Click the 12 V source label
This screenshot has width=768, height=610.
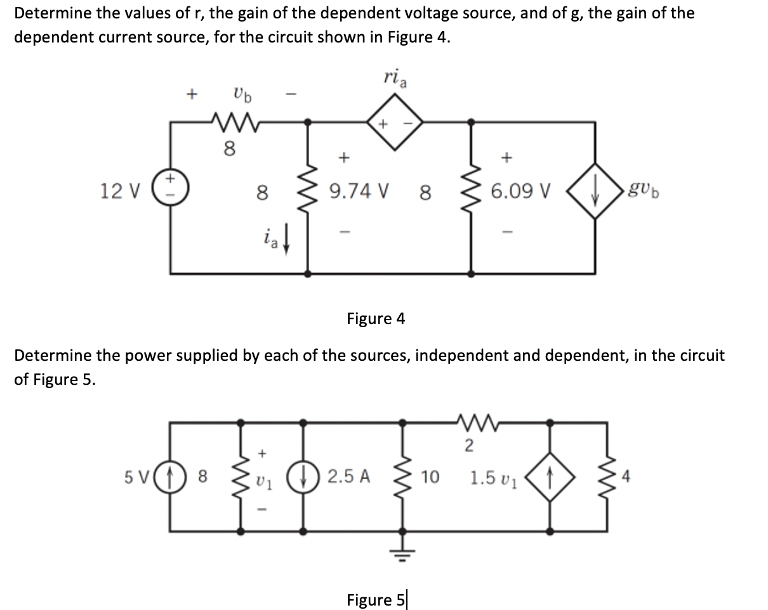[114, 190]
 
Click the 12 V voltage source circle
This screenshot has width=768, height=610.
[170, 190]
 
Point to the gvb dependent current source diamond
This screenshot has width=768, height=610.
[595, 190]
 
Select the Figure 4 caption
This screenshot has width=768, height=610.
[375, 318]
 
